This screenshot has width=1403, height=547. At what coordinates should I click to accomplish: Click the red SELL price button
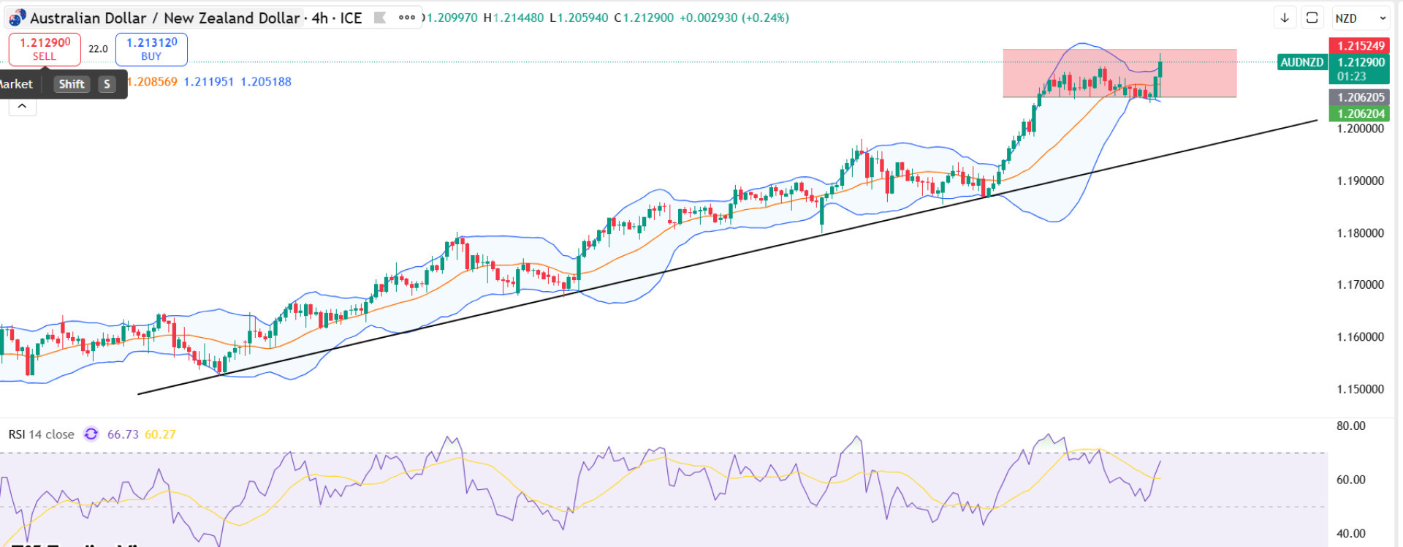pyautogui.click(x=45, y=49)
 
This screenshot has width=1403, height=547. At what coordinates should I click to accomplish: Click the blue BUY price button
pyautogui.click(x=151, y=49)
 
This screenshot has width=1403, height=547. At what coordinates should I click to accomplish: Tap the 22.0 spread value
pyautogui.click(x=98, y=49)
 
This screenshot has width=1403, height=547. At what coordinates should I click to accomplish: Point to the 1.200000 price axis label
pyautogui.click(x=1360, y=129)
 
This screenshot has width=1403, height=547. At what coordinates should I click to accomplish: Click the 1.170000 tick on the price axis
pyautogui.click(x=1360, y=284)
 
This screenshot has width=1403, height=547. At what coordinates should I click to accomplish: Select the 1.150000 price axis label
pyautogui.click(x=1360, y=389)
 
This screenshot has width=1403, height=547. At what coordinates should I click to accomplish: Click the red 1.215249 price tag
pyautogui.click(x=1361, y=45)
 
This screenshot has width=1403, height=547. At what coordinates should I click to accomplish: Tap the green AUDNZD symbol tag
pyautogui.click(x=1301, y=62)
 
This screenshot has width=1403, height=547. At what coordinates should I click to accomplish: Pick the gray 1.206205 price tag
pyautogui.click(x=1361, y=97)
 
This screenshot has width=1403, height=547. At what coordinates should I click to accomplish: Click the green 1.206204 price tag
pyautogui.click(x=1361, y=113)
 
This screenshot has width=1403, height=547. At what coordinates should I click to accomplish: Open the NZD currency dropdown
pyautogui.click(x=1361, y=18)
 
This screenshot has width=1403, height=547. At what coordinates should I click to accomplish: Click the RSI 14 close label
pyautogui.click(x=41, y=434)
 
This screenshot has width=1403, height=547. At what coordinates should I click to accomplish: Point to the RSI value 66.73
pyautogui.click(x=123, y=434)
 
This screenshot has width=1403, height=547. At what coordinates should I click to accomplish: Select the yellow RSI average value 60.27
pyautogui.click(x=160, y=434)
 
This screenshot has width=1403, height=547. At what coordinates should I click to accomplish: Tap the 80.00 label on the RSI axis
pyautogui.click(x=1350, y=426)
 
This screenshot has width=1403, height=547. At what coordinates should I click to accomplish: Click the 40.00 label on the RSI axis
pyautogui.click(x=1350, y=533)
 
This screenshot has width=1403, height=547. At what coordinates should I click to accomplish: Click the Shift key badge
pyautogui.click(x=72, y=84)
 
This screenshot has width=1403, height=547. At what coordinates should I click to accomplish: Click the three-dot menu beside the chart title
pyautogui.click(x=407, y=18)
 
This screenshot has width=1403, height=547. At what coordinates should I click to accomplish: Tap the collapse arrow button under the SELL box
pyautogui.click(x=22, y=107)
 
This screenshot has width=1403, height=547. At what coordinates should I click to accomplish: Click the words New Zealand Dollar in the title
pyautogui.click(x=232, y=18)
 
